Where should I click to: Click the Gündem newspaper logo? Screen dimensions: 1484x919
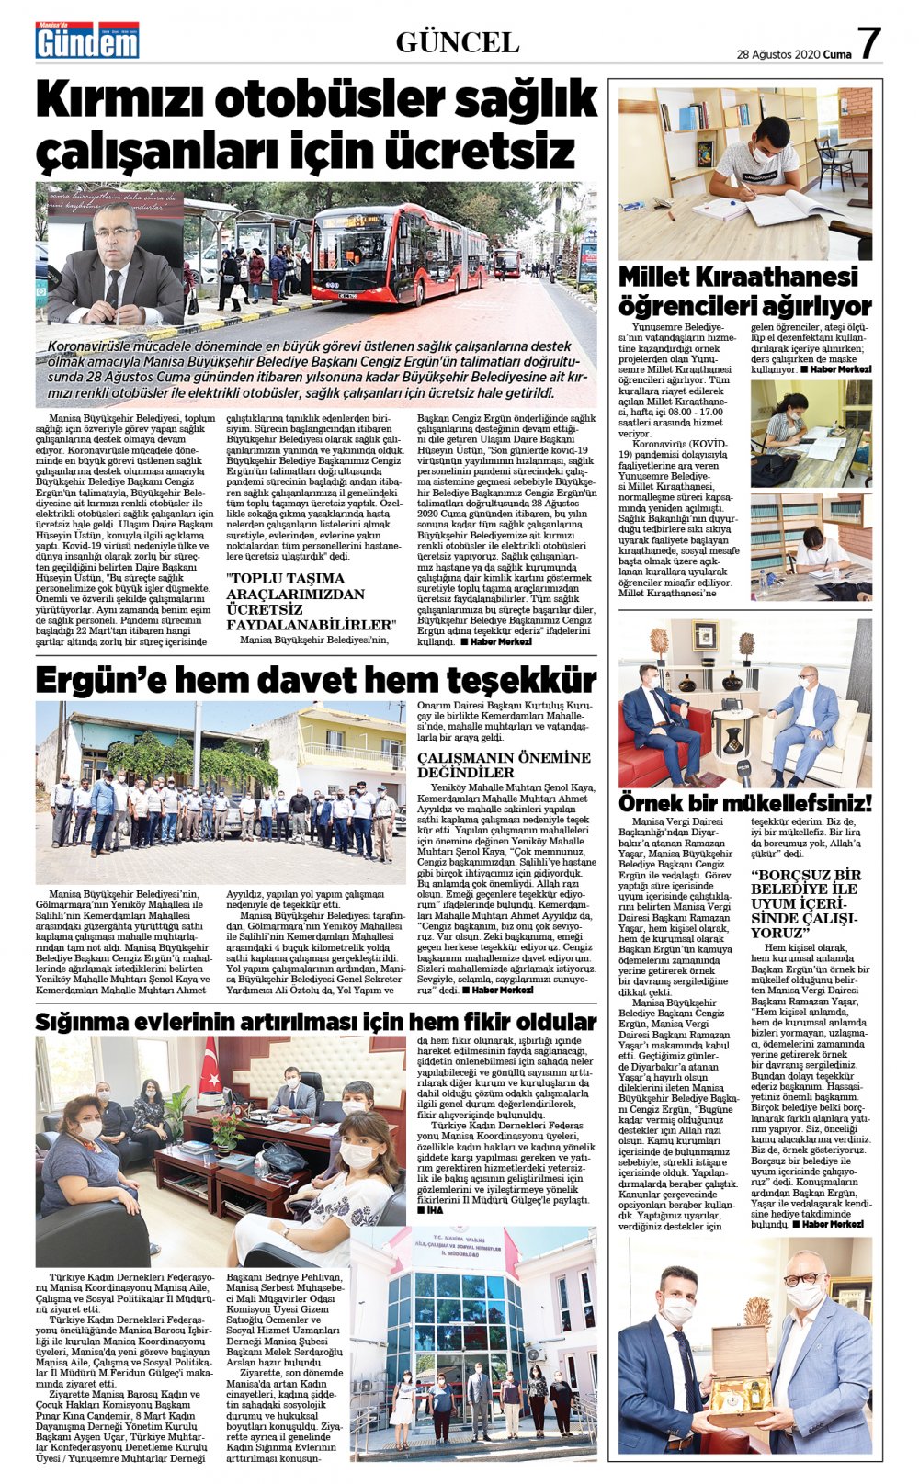tap(87, 41)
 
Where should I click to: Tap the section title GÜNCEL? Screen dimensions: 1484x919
tap(457, 42)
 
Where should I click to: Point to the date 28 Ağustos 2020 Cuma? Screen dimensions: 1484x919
tap(793, 54)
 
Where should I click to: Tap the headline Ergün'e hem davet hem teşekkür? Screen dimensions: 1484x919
tap(315, 680)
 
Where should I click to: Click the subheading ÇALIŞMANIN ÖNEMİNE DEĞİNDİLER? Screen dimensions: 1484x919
tap(504, 765)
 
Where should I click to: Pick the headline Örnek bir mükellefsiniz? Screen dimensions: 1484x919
tap(744, 802)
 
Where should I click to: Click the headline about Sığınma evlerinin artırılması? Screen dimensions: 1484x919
tap(315, 1021)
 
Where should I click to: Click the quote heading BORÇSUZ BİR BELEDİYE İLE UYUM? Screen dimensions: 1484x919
tap(806, 903)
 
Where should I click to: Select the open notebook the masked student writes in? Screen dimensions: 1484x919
tap(781, 209)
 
